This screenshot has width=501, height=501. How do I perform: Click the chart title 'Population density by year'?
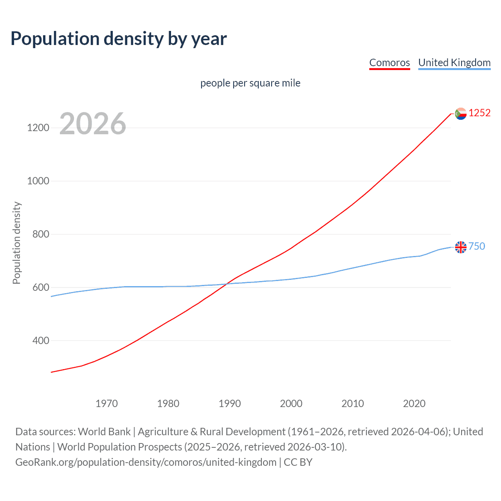[x=119, y=39]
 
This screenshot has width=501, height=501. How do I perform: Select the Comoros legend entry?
[x=389, y=63]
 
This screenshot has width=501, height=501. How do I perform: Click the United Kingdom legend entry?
[x=454, y=63]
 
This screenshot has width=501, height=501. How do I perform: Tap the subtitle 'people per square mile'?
[x=250, y=83]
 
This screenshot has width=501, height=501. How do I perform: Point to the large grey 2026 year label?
[x=93, y=124]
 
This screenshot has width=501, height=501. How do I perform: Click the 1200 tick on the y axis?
[x=38, y=128]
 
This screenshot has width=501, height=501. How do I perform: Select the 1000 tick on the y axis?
[x=38, y=181]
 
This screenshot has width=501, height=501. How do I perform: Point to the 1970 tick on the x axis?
[x=106, y=404]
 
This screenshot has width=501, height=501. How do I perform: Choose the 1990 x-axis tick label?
[x=230, y=404]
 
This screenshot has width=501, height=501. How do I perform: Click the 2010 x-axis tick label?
[x=353, y=404]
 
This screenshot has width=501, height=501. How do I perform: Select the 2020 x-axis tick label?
[x=414, y=404]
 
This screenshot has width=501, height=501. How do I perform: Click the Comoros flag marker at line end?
[x=461, y=114]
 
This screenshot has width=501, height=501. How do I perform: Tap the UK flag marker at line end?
[x=461, y=247]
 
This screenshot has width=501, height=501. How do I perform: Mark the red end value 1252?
[x=479, y=113]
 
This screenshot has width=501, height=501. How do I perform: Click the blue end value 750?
[x=477, y=246]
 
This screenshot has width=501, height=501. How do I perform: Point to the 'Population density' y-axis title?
[x=16, y=243]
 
